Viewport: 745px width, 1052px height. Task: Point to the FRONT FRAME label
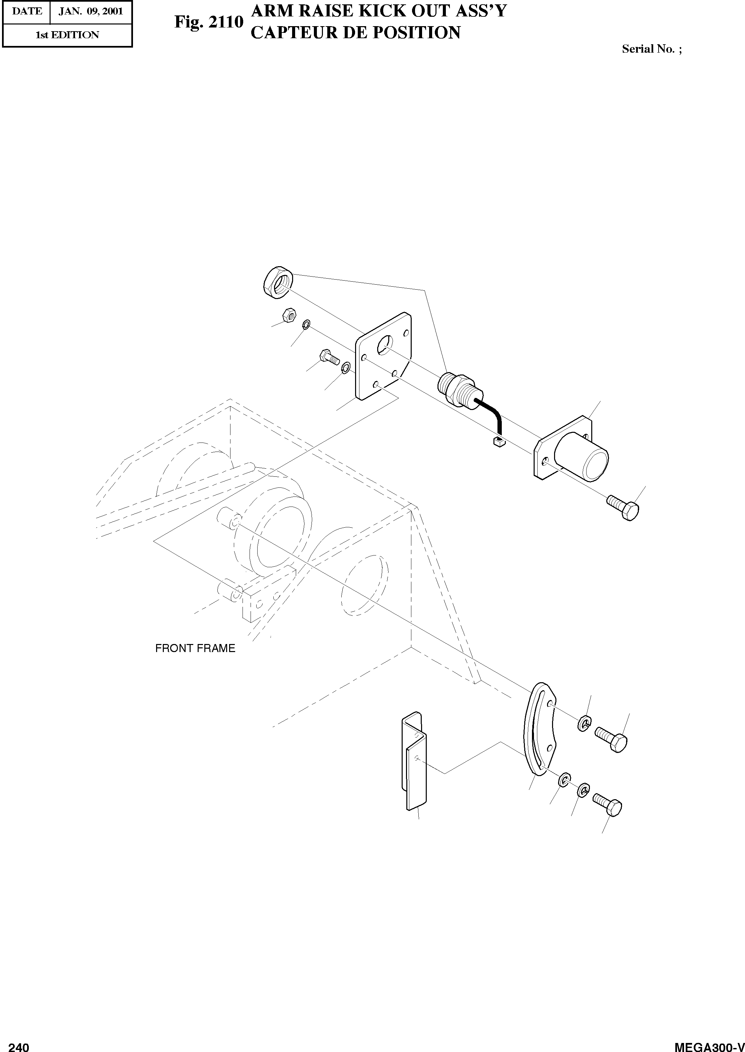[x=195, y=648]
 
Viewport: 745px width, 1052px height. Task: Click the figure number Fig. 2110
[x=209, y=21]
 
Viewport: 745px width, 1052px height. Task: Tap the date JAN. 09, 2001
[x=91, y=11]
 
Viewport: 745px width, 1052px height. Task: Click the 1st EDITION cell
[x=67, y=35]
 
